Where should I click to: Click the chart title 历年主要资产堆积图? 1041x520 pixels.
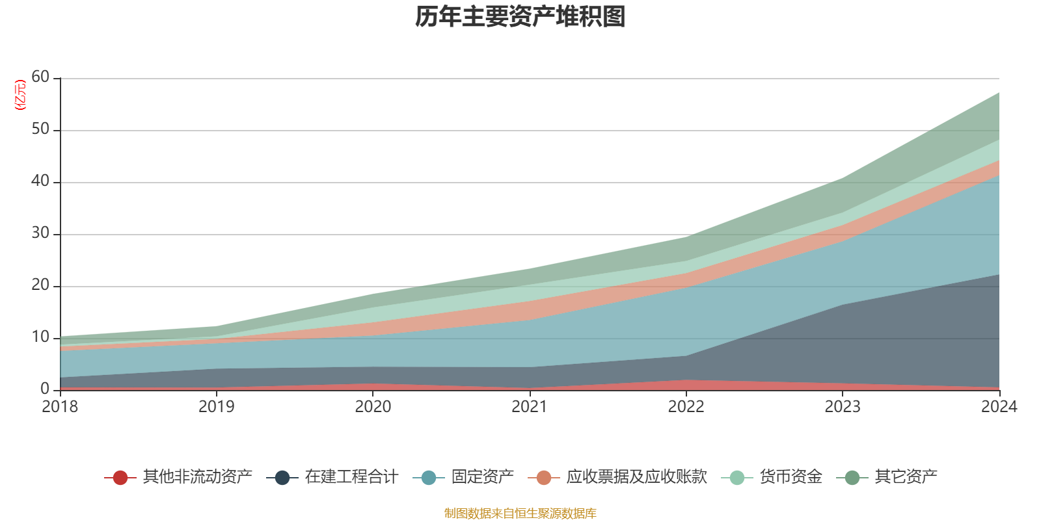click(x=520, y=17)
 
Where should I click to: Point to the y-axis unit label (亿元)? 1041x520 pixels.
click(x=20, y=95)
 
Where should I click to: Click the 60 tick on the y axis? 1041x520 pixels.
click(x=40, y=77)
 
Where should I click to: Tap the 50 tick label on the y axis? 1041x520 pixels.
click(x=40, y=129)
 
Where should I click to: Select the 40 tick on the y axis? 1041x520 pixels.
click(x=40, y=181)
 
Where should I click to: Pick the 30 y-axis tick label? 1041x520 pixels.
click(x=40, y=233)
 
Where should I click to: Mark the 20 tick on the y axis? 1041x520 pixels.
click(x=40, y=285)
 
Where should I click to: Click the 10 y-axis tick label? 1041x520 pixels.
click(x=40, y=337)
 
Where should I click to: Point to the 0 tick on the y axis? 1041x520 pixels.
click(x=45, y=389)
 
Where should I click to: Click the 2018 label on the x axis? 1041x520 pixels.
click(x=60, y=407)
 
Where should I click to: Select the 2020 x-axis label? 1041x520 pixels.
click(x=373, y=407)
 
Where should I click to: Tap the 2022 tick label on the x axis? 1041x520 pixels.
click(x=686, y=407)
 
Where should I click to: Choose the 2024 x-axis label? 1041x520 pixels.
click(x=999, y=407)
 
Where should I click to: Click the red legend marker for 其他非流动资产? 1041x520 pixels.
click(x=120, y=478)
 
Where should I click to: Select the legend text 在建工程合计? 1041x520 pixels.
click(x=351, y=477)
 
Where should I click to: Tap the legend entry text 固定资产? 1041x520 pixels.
click(x=483, y=477)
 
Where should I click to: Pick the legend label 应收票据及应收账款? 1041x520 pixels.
click(x=636, y=477)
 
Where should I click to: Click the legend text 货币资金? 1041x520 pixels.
click(x=791, y=477)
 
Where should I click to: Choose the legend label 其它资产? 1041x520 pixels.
click(x=906, y=477)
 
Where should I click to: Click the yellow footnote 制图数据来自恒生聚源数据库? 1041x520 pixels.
click(x=520, y=513)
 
